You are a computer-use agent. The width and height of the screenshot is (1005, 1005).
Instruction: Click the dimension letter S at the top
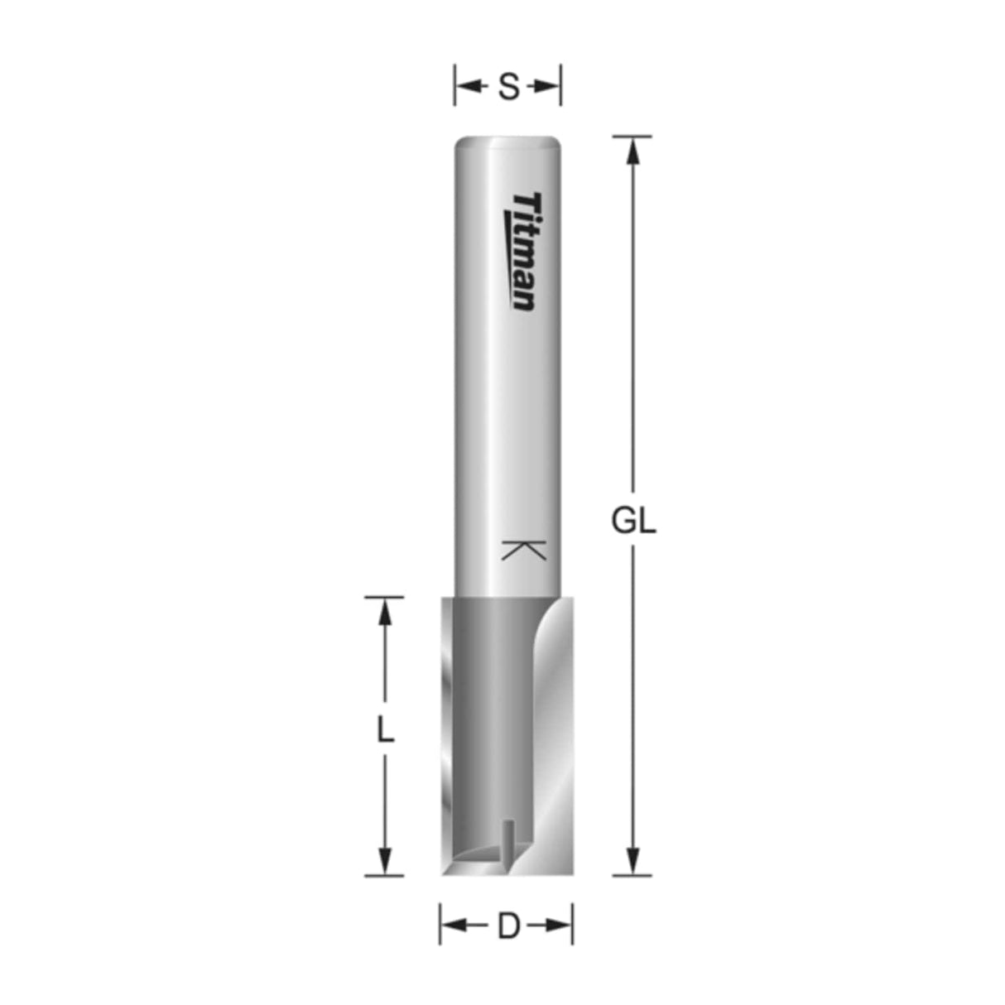click(x=508, y=86)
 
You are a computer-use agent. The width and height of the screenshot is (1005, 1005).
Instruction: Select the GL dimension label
click(x=633, y=522)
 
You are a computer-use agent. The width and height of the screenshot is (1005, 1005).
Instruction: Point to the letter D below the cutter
click(x=507, y=926)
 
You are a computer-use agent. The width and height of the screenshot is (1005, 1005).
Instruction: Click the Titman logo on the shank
click(x=524, y=251)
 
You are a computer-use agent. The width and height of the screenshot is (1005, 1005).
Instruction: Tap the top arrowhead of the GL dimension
click(x=633, y=149)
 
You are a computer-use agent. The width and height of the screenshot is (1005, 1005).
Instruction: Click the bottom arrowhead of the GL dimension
click(x=633, y=861)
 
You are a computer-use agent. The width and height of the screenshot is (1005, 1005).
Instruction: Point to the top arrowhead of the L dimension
click(x=384, y=609)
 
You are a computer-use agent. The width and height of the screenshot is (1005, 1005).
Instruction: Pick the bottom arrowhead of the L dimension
click(x=384, y=861)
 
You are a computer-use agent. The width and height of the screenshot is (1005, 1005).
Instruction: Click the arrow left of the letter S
click(x=469, y=86)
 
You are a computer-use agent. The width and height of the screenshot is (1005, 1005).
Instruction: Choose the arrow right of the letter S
click(x=546, y=86)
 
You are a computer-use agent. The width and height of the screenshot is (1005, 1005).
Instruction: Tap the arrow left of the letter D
click(x=454, y=926)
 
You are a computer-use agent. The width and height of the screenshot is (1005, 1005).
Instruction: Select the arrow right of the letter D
click(x=558, y=926)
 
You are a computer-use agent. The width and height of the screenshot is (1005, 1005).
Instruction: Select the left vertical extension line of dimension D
click(x=440, y=925)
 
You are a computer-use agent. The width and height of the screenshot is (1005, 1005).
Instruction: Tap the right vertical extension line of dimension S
click(x=561, y=86)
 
